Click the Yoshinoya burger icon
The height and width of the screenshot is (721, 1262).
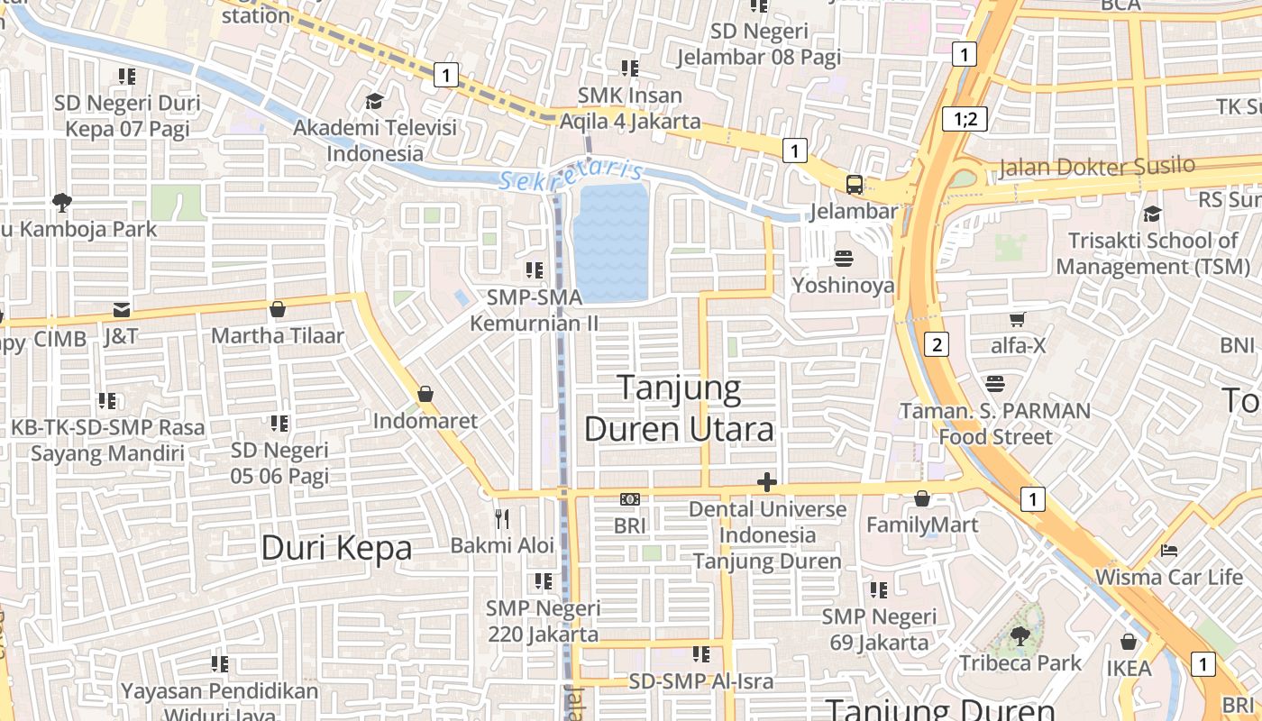pos(844,259)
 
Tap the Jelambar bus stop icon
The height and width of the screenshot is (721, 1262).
pos(855,185)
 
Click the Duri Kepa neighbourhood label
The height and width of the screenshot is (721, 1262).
pos(336,547)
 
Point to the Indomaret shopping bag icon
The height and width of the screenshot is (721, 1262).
pos(425,394)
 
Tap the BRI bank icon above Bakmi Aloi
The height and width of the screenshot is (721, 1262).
pos(630,498)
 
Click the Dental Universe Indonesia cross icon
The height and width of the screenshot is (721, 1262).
pos(767,482)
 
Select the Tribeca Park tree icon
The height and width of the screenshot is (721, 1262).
pos(1020,636)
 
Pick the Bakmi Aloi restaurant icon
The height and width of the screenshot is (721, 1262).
pos(503,518)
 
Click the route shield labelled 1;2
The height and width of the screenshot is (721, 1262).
pos(965,118)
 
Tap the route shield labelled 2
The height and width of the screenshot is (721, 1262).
pos(937,343)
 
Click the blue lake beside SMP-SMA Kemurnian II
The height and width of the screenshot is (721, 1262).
pos(611,242)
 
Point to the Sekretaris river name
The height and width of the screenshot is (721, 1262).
pos(572,173)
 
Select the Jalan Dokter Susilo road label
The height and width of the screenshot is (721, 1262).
pos(1097,167)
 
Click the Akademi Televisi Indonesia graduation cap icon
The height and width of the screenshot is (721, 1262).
pos(374,101)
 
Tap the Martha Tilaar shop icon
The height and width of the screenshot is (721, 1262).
pos(278,309)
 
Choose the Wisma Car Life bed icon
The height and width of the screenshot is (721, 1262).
pos(1169,550)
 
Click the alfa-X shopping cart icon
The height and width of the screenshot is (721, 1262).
pos(1018,318)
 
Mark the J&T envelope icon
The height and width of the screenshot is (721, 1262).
pos(121,311)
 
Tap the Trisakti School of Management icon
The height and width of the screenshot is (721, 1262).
pos(1152,214)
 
